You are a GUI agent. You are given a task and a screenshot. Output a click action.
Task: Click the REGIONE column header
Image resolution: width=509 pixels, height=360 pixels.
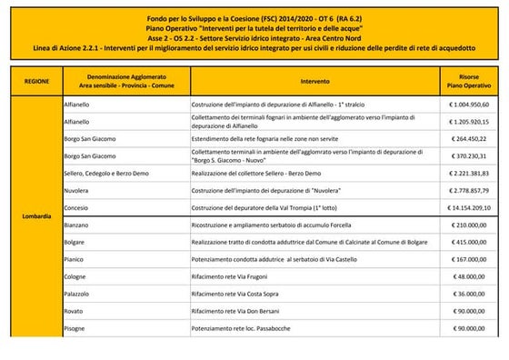tap(35, 80)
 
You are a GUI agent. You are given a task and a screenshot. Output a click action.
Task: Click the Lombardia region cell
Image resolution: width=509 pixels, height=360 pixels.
tap(35, 216)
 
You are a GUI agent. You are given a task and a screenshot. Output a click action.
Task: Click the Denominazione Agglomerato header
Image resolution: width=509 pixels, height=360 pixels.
tap(125, 80)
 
